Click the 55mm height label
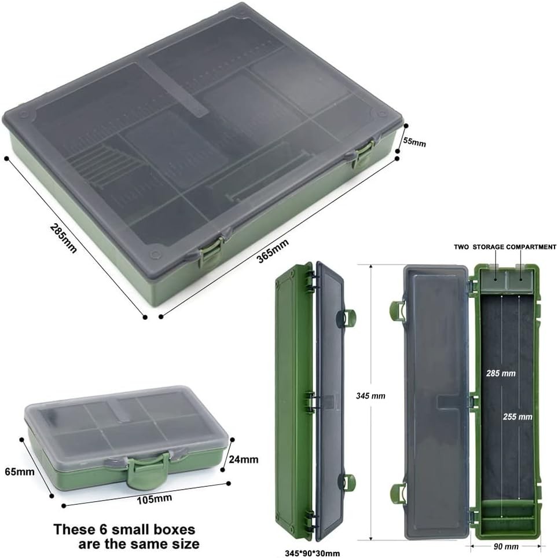(x=414, y=141)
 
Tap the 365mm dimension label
(x=273, y=251)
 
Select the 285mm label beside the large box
(x=63, y=238)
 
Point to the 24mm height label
(x=244, y=459)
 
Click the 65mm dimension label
(x=20, y=472)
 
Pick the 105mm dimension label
(x=155, y=499)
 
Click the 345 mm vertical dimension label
(x=370, y=396)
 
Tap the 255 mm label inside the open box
(x=517, y=417)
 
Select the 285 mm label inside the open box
(x=501, y=373)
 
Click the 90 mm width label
(x=506, y=546)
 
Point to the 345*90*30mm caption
(x=312, y=553)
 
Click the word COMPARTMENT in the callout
(x=531, y=247)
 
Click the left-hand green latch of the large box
(x=210, y=252)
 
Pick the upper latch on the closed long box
(x=347, y=317)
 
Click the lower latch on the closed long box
(x=348, y=482)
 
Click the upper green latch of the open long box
(x=398, y=310)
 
